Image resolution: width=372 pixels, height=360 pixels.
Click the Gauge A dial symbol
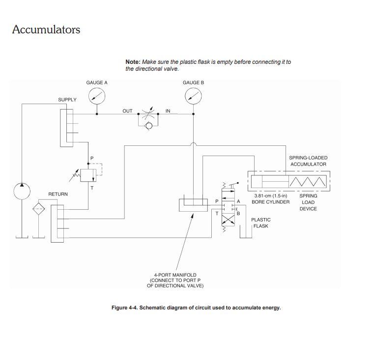(x=97, y=97)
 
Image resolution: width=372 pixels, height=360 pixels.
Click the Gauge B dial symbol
(x=193, y=97)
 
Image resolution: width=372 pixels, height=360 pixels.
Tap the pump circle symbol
(x=22, y=191)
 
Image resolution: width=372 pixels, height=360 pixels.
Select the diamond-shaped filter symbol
(x=38, y=209)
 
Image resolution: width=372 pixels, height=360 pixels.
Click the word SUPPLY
(x=67, y=100)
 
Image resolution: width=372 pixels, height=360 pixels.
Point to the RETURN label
(x=58, y=194)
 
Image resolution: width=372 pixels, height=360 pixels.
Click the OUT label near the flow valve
(x=127, y=111)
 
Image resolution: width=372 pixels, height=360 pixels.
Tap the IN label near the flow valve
(x=168, y=111)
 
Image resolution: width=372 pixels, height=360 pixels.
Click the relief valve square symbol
(x=89, y=175)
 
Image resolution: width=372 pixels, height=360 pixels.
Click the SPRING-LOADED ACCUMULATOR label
(x=308, y=161)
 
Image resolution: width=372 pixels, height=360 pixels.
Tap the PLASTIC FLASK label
(x=260, y=223)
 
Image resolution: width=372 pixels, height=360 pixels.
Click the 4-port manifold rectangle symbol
(x=193, y=204)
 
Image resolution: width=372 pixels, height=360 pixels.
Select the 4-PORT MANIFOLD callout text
(x=175, y=280)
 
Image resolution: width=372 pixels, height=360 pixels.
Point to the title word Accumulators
(x=46, y=29)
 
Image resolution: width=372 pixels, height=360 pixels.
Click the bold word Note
(x=133, y=62)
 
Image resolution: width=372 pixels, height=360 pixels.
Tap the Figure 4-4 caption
(x=196, y=308)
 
